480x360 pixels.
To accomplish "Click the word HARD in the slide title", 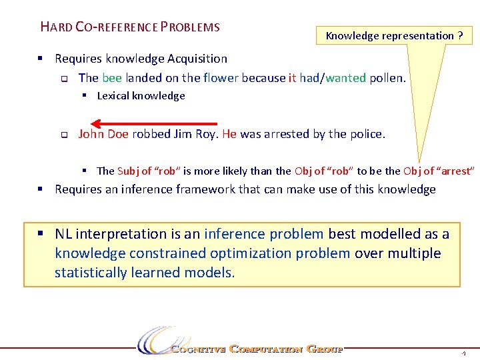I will (56, 27).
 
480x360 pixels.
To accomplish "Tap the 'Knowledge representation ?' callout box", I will (394, 35).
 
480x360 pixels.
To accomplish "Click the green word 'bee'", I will (111, 78).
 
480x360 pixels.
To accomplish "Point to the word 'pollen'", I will (386, 78).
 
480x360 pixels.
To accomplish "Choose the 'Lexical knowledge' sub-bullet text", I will (141, 96).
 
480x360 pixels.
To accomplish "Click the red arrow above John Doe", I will (154, 123).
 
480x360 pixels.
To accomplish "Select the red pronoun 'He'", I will (229, 134).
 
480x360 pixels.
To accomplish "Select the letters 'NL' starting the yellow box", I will (64, 234).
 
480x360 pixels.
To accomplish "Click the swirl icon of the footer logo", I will (155, 341).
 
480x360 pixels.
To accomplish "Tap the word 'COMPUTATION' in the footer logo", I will (265, 349).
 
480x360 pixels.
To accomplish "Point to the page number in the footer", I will (463, 352).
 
